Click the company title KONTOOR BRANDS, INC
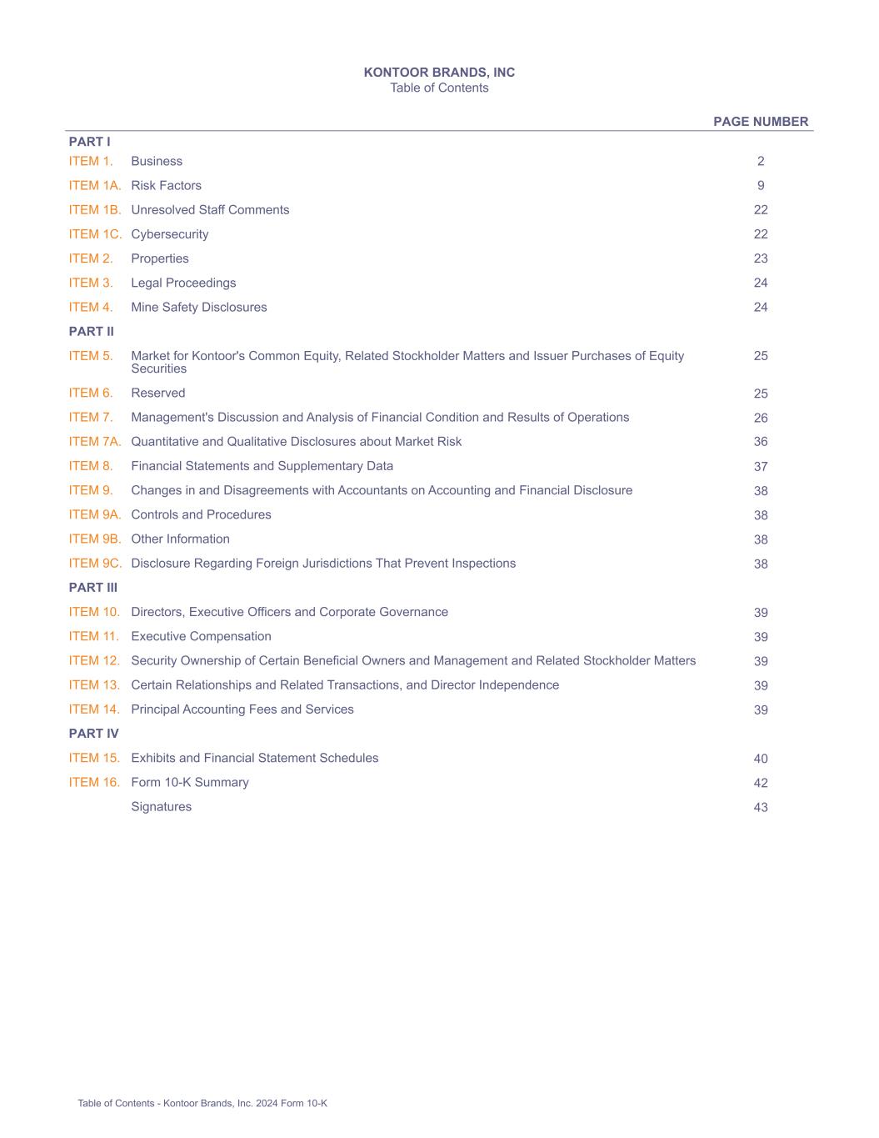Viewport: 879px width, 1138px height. coord(439,73)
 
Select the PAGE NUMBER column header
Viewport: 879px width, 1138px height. coord(760,122)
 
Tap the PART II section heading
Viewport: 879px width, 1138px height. coord(92,332)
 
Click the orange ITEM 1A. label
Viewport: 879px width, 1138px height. coord(95,186)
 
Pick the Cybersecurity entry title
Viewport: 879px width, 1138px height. coord(170,234)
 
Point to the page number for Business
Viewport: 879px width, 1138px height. coord(761,162)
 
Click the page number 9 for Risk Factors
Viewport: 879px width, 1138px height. coord(761,186)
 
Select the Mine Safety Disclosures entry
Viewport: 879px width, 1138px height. coord(199,308)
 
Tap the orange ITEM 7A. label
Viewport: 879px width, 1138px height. coord(95,442)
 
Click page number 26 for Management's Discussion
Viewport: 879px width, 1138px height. coord(761,418)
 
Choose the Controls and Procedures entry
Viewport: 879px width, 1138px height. coord(201,515)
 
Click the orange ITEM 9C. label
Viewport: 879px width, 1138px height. coord(95,564)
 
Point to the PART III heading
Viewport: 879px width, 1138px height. coord(93,588)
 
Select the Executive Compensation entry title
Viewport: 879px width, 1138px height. coord(201,637)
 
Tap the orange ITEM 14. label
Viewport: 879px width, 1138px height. coord(94,709)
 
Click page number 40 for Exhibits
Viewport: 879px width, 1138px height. coord(761,759)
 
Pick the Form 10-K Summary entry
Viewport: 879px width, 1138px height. coord(190,783)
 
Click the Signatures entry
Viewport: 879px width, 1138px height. coord(162,807)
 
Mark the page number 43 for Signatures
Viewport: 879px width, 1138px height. coord(761,807)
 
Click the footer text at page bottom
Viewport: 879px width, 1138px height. coord(202,1104)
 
